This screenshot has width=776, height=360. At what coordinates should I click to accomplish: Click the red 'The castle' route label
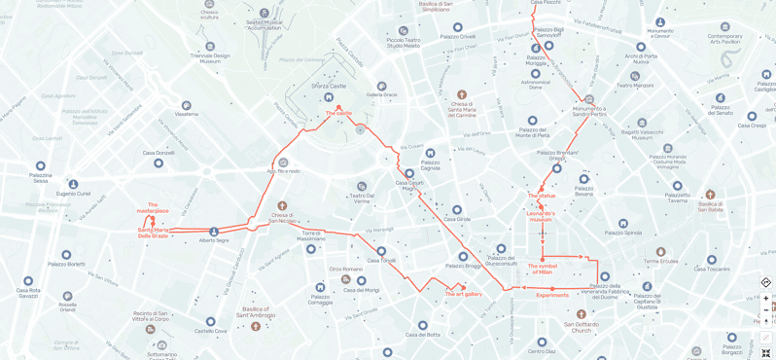(338, 113)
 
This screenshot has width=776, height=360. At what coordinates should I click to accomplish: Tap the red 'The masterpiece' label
(153, 207)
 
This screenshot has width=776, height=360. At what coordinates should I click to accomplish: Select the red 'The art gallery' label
(463, 294)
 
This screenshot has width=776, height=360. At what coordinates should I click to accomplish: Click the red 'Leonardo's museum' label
(541, 216)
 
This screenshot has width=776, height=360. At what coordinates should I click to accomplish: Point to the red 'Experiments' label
(552, 295)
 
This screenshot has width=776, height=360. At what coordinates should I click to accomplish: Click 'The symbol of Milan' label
(543, 269)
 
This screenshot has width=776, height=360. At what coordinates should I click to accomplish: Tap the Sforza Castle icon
(329, 96)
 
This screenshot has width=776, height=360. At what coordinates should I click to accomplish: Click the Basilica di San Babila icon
(710, 195)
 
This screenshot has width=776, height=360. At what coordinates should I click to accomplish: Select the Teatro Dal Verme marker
(362, 186)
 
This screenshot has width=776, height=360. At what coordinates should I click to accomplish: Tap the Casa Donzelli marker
(159, 162)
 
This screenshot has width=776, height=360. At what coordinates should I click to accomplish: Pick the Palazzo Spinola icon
(623, 223)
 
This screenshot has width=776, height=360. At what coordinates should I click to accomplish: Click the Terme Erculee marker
(660, 252)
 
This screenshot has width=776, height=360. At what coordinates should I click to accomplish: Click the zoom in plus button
(765, 299)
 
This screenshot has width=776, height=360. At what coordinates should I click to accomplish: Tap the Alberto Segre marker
(214, 232)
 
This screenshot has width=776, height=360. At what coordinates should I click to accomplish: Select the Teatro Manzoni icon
(635, 76)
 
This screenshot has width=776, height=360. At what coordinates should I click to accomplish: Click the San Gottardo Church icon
(581, 314)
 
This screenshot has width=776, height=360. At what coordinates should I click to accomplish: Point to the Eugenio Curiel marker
(73, 184)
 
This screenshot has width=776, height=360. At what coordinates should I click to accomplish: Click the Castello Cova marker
(210, 321)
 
